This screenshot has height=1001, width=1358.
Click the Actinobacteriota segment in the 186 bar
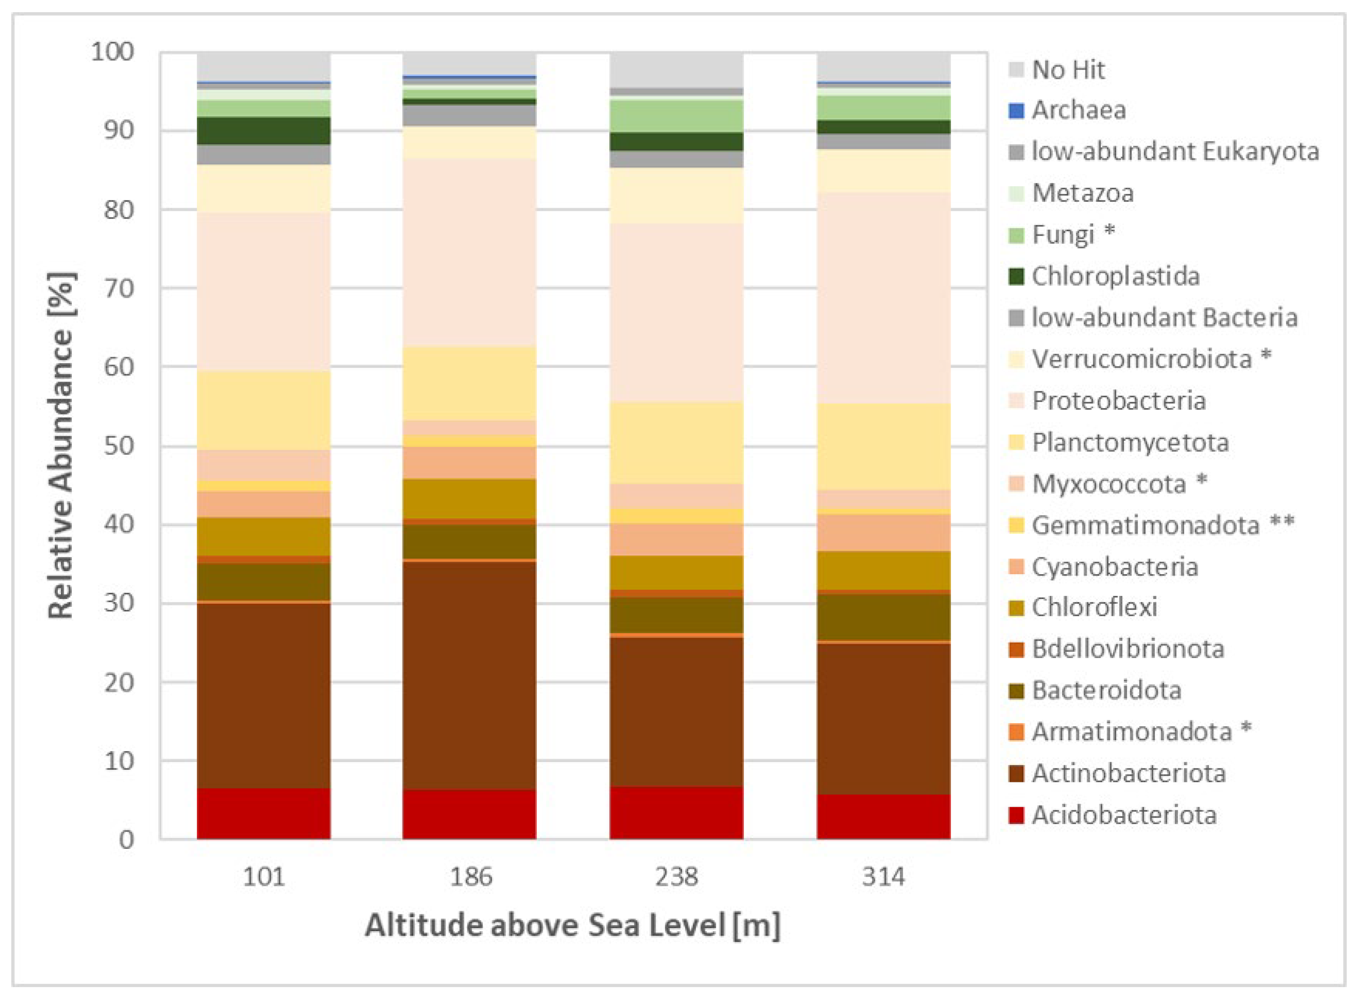tap(469, 675)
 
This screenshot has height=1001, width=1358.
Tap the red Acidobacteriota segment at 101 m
tap(263, 813)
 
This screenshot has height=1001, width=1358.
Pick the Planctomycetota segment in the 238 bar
tap(676, 442)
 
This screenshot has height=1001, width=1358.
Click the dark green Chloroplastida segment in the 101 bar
tap(263, 130)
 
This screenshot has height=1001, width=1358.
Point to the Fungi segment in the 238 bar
tap(676, 116)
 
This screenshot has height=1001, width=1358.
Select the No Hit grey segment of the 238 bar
tap(676, 69)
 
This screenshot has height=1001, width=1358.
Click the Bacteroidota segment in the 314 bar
tap(883, 617)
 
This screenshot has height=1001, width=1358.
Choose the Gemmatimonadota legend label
tap(1145, 525)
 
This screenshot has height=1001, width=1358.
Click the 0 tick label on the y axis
tap(126, 840)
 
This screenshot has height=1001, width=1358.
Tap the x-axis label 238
tap(676, 877)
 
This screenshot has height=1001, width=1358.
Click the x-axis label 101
tap(263, 877)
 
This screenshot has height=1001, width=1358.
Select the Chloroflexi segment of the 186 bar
tap(469, 498)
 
